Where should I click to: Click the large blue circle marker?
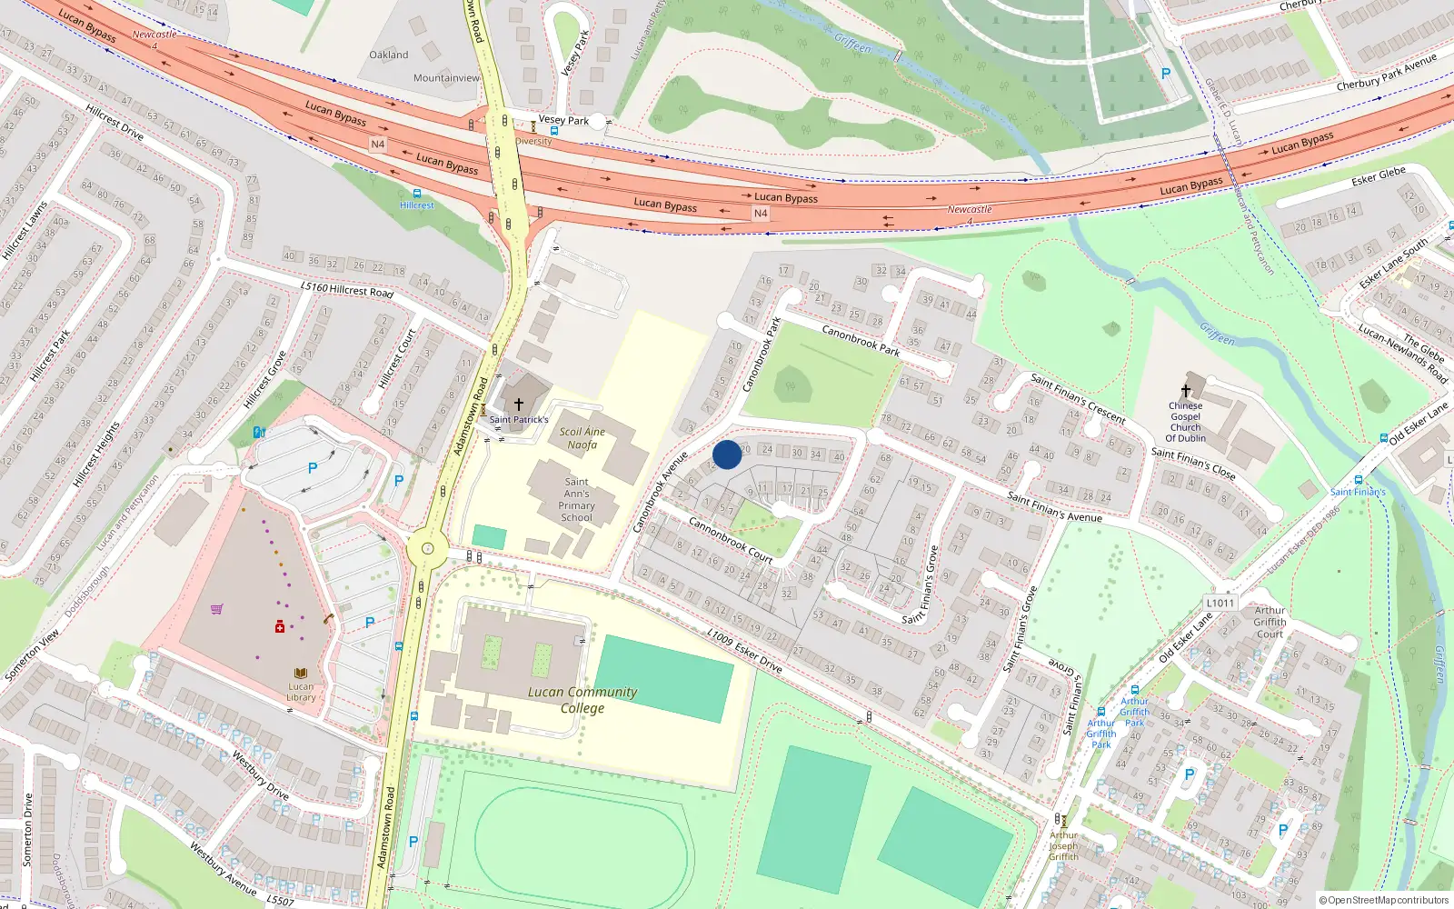coord(727,454)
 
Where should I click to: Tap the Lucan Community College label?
coord(583,700)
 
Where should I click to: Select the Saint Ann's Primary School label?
coord(576,500)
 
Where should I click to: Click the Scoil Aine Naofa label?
coord(583,438)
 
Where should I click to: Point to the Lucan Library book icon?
coord(301,674)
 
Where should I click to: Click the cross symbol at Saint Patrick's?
coord(519,405)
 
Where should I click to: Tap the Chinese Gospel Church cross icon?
coord(1186,391)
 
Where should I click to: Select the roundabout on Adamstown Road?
coord(427,549)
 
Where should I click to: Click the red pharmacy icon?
coord(280,627)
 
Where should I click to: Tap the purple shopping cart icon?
coord(217,609)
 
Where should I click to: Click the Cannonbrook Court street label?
coord(730,539)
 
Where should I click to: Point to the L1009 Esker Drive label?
coord(744,650)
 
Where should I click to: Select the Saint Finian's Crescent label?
coord(1078,399)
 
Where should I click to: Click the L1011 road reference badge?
coord(1220,603)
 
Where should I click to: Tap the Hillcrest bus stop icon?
coord(417,194)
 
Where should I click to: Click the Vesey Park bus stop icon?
coord(553,131)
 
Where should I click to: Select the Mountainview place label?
coord(446,78)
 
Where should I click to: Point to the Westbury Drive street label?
coord(260,774)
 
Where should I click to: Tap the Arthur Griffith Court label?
coord(1270,622)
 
